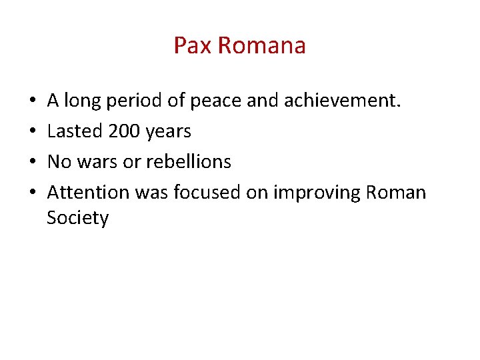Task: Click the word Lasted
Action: (74, 131)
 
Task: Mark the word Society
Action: (77, 218)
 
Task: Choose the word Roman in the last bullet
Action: (395, 192)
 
